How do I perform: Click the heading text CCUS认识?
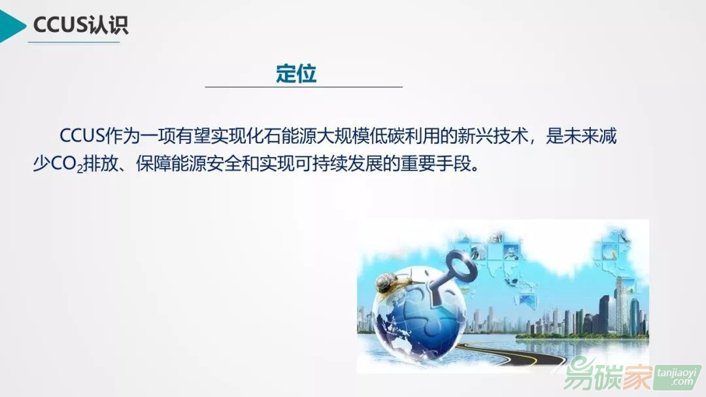tap(80, 25)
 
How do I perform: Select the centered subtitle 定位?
tap(296, 73)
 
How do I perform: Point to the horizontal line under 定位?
tap(304, 87)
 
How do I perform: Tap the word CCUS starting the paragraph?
tap(82, 136)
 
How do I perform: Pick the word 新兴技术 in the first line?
tap(493, 136)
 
